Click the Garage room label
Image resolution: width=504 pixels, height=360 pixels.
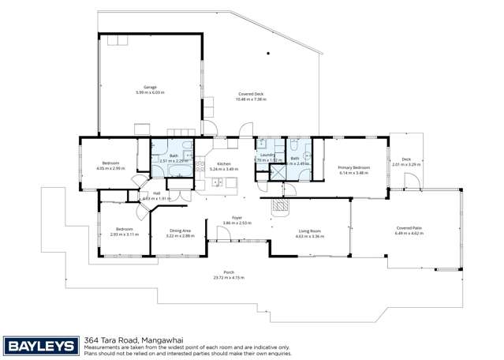(150, 87)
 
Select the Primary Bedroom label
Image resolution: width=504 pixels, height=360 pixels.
(354, 167)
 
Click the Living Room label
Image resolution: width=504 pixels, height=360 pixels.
(310, 230)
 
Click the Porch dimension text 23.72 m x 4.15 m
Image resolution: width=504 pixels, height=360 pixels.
(229, 277)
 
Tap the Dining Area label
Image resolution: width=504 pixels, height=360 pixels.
(180, 230)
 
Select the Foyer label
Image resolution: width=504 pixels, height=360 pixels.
(236, 217)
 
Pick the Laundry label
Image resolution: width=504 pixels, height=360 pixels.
(267, 155)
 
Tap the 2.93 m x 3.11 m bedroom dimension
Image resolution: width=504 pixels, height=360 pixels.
(124, 234)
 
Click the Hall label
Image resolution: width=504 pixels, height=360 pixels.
(156, 193)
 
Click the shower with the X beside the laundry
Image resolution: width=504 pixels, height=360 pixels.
(277, 172)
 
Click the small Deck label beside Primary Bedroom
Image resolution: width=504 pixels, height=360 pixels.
(407, 159)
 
